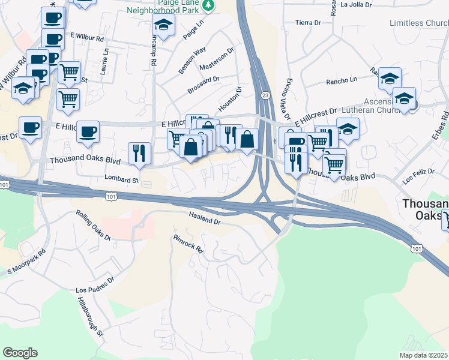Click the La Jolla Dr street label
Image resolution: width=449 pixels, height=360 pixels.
click(357, 4)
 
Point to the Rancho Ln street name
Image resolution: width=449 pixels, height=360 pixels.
click(341, 80)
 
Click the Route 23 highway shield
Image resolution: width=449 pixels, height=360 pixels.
click(265, 95)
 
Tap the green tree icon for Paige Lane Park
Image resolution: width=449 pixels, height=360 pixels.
click(208, 5)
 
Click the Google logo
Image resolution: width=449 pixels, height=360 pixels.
click(20, 353)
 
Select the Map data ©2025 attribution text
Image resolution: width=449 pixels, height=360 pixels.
click(423, 355)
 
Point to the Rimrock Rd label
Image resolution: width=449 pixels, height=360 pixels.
click(189, 242)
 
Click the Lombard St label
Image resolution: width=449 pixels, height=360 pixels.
click(121, 179)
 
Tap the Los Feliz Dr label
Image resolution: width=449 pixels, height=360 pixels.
click(418, 175)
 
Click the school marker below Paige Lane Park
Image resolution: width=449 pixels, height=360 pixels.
click(163, 26)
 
